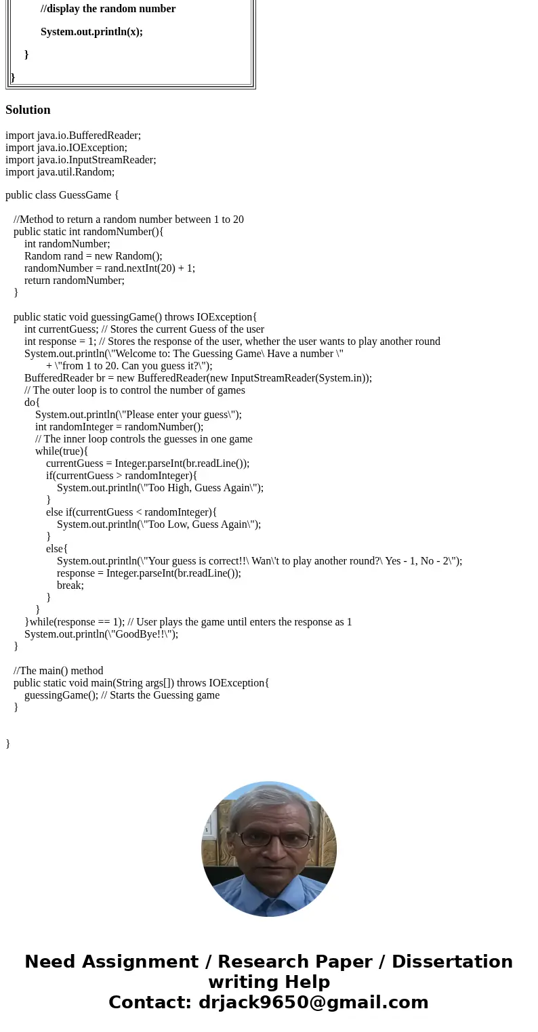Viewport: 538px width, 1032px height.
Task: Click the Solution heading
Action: (28, 110)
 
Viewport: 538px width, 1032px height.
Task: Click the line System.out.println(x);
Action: (91, 32)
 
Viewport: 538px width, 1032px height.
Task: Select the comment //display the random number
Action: (108, 9)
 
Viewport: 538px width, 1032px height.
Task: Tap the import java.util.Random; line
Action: (60, 172)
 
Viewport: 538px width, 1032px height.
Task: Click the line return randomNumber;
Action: (75, 281)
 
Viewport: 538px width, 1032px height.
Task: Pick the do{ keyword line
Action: (32, 403)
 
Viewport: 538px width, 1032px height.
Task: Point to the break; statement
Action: (70, 585)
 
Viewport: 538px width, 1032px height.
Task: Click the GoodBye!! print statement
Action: (101, 634)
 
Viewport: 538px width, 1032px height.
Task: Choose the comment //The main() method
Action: (58, 671)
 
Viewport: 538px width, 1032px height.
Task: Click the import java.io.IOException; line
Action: (66, 148)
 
